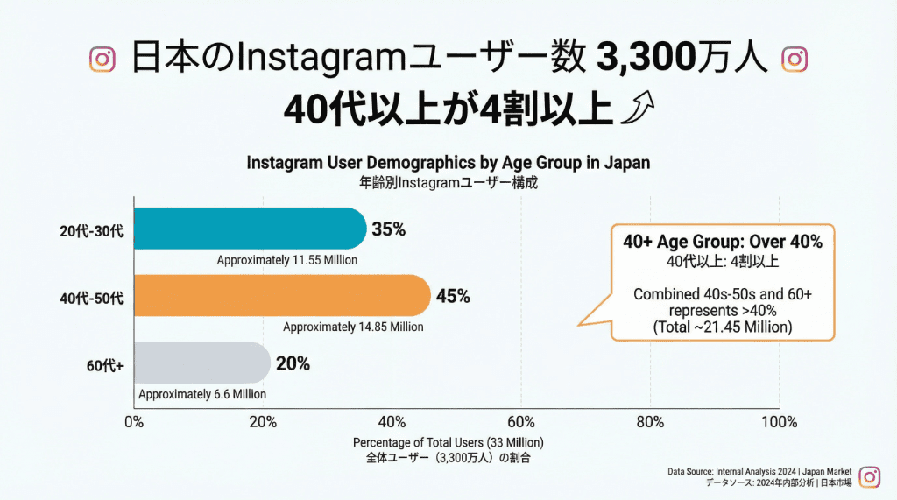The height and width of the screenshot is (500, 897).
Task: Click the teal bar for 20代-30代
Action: tap(250, 229)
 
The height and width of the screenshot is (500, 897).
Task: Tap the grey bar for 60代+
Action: tap(201, 363)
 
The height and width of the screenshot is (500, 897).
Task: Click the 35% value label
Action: tap(388, 229)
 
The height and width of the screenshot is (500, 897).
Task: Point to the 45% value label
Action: tap(453, 296)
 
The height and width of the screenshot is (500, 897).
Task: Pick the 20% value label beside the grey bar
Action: tap(293, 363)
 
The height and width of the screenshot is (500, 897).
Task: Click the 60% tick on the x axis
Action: tap(521, 422)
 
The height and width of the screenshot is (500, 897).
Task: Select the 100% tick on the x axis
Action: tap(779, 422)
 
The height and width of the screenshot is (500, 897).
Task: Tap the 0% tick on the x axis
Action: tap(134, 422)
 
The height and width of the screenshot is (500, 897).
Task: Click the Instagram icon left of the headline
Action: tap(102, 60)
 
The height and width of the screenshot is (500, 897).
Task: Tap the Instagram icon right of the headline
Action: tap(794, 60)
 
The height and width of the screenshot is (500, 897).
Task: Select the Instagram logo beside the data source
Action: tap(869, 476)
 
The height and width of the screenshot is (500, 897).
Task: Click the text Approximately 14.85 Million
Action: tap(353, 327)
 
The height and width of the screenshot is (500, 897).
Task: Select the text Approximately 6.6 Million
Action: tap(202, 394)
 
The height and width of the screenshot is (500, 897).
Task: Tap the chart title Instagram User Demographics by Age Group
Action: tap(448, 164)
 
